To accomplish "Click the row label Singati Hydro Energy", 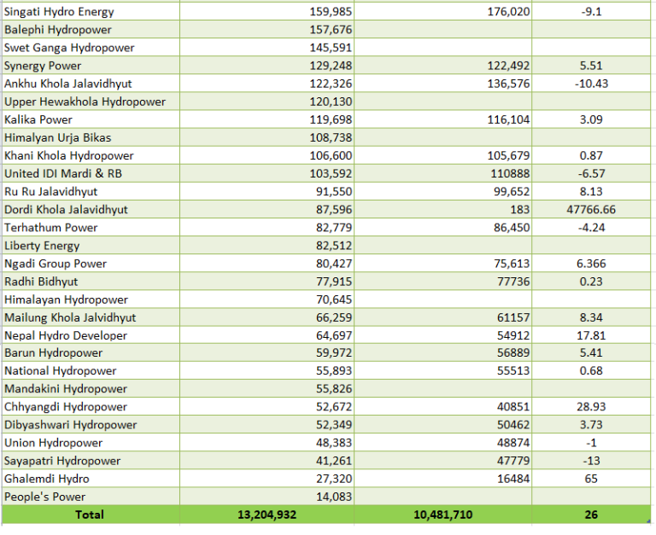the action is pos(59,12).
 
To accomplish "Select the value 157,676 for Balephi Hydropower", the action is pos(331,30).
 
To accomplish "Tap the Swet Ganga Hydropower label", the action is pos(69,48).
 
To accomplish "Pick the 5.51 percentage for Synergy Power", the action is pos(591,66).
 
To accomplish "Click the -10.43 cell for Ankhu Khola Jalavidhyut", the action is pos(591,84).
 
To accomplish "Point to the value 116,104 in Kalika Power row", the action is pos(508,119).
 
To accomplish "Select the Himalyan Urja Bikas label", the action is pos(58,137).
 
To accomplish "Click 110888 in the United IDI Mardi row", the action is pos(510,173).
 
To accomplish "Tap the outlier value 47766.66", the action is pos(591,209).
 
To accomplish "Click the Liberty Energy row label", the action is pos(42,246).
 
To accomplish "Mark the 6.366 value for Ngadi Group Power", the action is pos(591,264).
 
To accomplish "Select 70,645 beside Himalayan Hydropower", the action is pos(334,299).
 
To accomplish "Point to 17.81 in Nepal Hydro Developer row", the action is pos(591,335).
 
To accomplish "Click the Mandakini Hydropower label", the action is pos(66,389).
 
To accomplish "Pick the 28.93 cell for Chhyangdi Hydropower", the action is pos(591,407).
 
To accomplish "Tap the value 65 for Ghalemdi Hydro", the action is pos(591,479).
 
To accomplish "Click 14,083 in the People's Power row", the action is pos(334,497).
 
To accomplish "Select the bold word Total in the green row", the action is pos(90,515).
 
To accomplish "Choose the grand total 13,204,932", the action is pos(266,515).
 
